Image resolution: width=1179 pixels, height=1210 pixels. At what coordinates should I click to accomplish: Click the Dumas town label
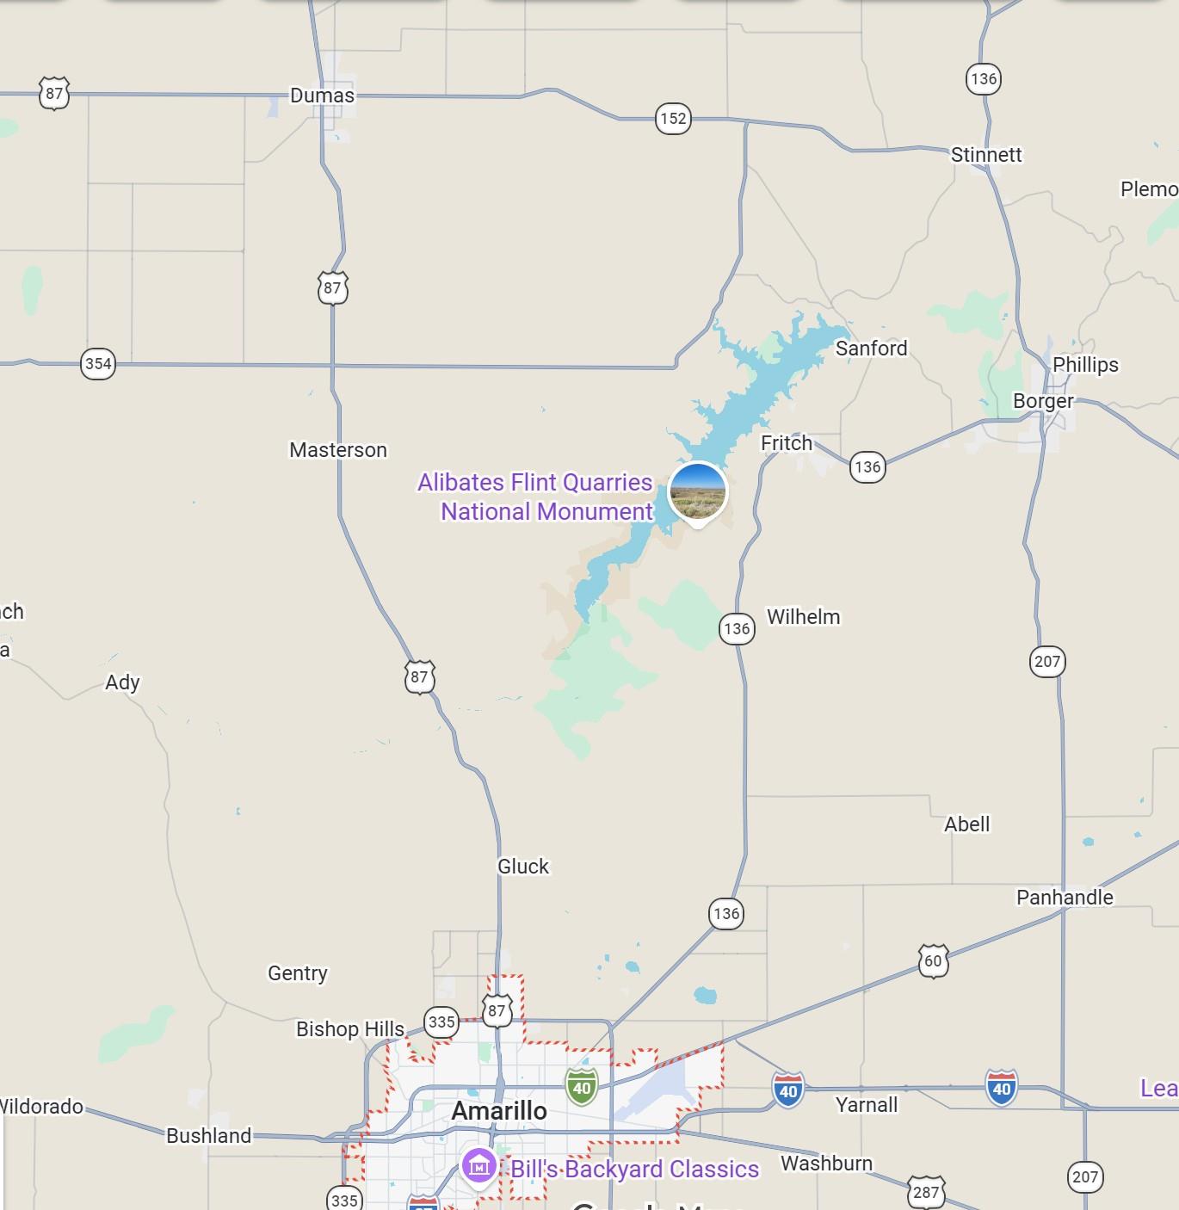pos(322,96)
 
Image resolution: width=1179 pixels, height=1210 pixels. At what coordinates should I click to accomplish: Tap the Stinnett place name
pos(986,155)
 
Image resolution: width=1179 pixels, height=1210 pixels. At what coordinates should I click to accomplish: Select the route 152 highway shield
pos(673,118)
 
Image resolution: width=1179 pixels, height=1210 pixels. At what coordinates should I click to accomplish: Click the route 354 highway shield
pos(98,363)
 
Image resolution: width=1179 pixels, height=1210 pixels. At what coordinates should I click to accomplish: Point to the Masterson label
pos(338,450)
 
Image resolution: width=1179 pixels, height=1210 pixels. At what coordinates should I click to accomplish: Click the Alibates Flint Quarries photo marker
pos(698,492)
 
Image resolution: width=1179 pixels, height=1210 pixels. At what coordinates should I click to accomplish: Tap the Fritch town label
pos(787,443)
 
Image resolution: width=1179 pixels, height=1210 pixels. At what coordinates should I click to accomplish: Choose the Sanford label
pos(871,349)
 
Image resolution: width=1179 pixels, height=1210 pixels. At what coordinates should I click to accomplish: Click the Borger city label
pos(1043,401)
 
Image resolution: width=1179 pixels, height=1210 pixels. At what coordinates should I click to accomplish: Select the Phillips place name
pos(1085,365)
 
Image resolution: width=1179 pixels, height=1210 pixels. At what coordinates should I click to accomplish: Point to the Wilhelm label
pos(803,617)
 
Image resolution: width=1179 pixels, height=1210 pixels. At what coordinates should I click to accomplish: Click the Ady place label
pos(122,682)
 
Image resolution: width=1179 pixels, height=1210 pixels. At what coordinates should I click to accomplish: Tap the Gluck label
pos(523,867)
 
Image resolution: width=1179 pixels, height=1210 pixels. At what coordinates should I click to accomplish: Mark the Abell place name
pos(966,824)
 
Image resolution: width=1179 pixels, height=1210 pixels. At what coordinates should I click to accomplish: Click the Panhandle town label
pos(1065,898)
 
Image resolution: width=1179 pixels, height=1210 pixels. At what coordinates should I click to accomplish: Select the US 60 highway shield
pos(933,960)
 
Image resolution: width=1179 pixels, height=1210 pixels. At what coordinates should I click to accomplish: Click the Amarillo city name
pos(499,1111)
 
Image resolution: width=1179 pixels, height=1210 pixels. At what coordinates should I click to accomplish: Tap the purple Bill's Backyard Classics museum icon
pos(479,1167)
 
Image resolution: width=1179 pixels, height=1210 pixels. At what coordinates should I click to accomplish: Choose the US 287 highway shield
pos(926,1192)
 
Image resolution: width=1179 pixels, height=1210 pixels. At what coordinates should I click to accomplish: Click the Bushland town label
pos(208,1136)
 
